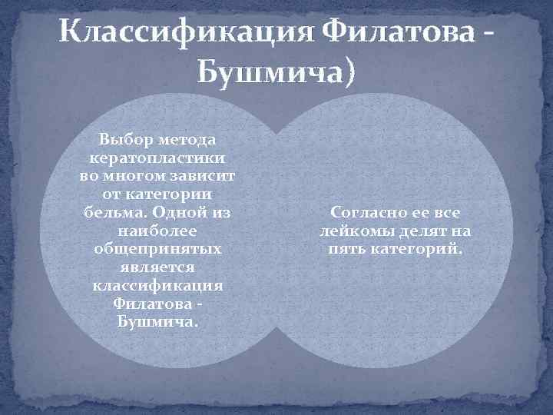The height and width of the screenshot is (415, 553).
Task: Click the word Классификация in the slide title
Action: [180, 33]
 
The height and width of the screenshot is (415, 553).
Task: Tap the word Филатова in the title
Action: [392, 33]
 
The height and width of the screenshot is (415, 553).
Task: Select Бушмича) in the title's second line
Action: [276, 74]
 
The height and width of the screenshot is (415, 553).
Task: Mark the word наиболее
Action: [157, 229]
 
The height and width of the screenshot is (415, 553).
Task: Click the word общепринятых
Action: [157, 247]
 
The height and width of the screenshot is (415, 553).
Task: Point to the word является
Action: [157, 266]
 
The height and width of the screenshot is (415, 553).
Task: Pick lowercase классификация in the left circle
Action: [157, 284]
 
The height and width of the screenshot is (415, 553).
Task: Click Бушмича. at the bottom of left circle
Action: [157, 320]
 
